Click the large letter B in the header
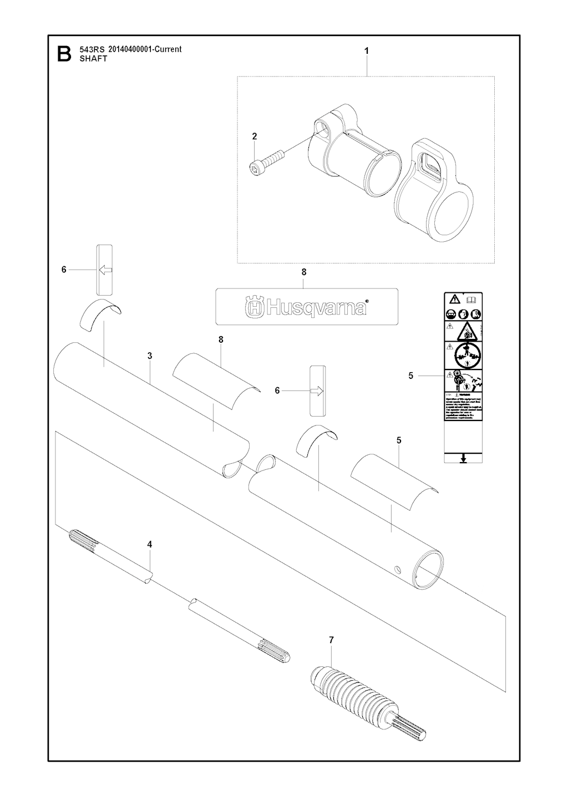[x=64, y=54]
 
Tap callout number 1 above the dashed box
[x=366, y=50]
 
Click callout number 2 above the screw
[x=255, y=136]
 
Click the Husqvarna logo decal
[x=306, y=306]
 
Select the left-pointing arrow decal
[x=104, y=270]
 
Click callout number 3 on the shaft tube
[x=150, y=356]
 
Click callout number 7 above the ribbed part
[x=331, y=640]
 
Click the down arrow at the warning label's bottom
[x=464, y=458]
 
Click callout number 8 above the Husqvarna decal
[x=303, y=272]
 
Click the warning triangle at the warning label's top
[x=454, y=299]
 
